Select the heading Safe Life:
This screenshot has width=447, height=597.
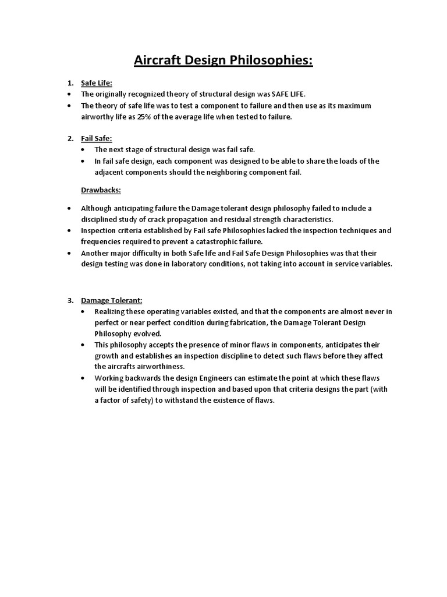(x=96, y=83)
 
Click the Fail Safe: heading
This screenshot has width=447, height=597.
(x=96, y=138)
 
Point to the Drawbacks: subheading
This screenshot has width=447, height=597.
(x=100, y=190)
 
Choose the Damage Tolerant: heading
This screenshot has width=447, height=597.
(x=112, y=300)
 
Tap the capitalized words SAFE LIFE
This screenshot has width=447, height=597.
(x=288, y=94)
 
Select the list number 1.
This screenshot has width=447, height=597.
(x=70, y=83)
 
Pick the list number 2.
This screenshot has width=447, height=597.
(x=70, y=138)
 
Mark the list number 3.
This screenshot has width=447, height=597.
(x=70, y=300)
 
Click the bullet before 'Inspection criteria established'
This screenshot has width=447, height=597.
(x=69, y=231)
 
